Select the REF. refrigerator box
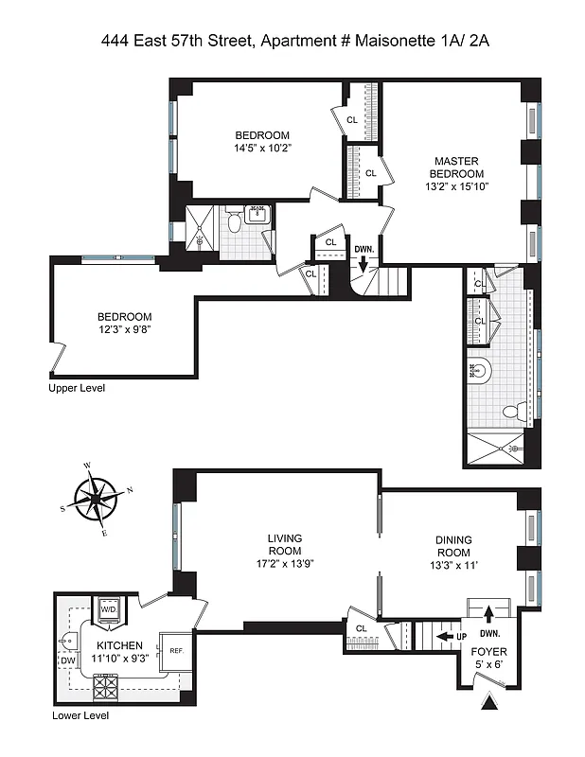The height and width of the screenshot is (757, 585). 175,650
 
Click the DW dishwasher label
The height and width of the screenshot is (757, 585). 67,660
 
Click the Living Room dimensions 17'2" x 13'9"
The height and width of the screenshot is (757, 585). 284,564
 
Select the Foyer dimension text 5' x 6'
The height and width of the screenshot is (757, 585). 489,665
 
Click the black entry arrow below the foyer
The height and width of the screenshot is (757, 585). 490,703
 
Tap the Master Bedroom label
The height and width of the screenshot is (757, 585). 458,167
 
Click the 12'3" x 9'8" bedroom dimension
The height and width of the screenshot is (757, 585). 124,330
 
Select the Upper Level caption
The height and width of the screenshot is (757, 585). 79,388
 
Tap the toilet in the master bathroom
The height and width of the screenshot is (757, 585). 512,412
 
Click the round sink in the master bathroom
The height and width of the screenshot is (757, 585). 480,372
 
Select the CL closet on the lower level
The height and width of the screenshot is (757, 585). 361,627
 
